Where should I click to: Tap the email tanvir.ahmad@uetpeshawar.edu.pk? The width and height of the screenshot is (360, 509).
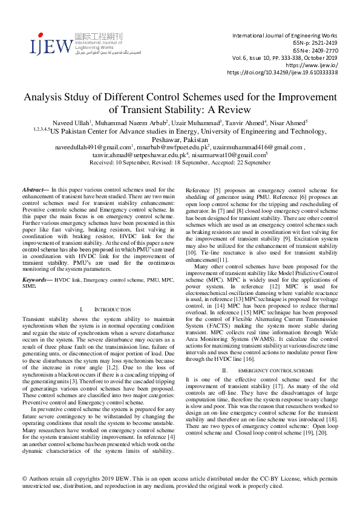coord(129,155)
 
